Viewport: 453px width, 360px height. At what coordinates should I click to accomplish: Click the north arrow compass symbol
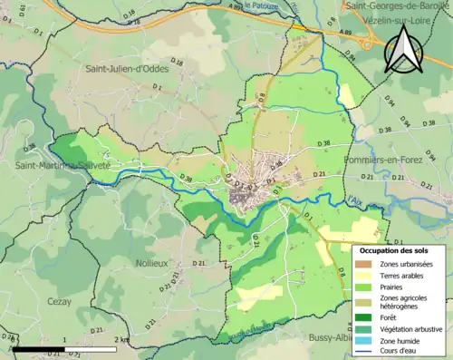pyautogui.click(x=404, y=49)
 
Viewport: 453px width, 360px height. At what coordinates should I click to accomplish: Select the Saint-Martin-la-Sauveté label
pyautogui.click(x=51, y=166)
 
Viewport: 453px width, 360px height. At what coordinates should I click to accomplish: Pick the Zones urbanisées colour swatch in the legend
pyautogui.click(x=367, y=264)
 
